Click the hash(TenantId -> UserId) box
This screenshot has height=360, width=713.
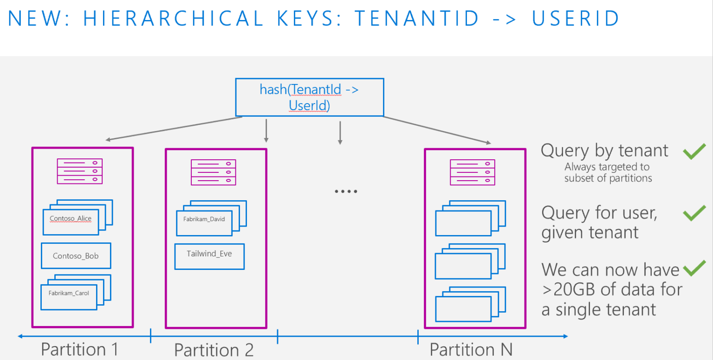[x=309, y=97]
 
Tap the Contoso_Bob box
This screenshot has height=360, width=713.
[x=76, y=255]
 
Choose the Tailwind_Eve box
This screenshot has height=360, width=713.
[x=209, y=256]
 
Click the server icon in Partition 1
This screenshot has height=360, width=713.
[x=79, y=171]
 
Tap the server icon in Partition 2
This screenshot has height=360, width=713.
[x=213, y=171]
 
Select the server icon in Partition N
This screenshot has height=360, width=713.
[x=472, y=171]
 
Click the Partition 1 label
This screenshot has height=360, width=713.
[x=80, y=349]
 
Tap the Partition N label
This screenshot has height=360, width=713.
[x=471, y=349]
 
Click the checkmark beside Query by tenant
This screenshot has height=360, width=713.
[x=694, y=151]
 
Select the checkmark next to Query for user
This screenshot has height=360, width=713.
[x=694, y=213]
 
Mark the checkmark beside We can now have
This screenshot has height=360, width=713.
[x=694, y=268]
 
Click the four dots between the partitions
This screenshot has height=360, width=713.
[x=346, y=191]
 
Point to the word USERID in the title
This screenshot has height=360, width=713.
[x=575, y=19]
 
